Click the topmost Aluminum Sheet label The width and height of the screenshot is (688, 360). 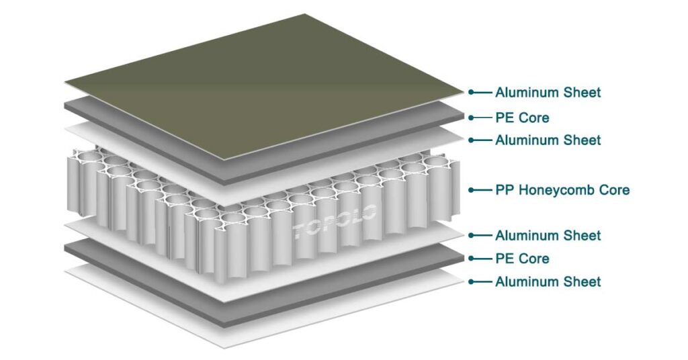548,92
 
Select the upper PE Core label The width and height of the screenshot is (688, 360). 522,118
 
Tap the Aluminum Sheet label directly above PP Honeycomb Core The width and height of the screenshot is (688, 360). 548,140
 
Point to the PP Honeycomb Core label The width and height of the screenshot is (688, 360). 562,190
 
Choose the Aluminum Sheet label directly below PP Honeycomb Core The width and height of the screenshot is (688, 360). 548,236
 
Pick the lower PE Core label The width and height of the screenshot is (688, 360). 522,259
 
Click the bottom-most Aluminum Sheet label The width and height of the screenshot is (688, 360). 548,282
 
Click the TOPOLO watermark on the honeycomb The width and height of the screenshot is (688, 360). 336,218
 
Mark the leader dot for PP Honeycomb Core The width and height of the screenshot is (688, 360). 472,190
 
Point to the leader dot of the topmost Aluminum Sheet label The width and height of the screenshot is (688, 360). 472,92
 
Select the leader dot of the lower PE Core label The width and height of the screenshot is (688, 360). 472,259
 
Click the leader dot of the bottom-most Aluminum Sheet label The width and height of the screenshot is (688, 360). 472,282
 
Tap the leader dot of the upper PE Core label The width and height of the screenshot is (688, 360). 472,118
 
